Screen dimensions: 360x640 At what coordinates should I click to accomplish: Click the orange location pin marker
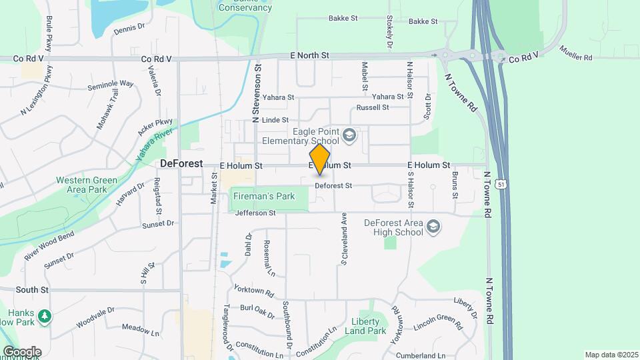click(320, 159)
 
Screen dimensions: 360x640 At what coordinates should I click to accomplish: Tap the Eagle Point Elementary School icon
click(349, 137)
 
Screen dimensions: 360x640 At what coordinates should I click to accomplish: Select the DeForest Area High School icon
click(434, 227)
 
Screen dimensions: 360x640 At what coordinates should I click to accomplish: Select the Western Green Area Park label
click(87, 185)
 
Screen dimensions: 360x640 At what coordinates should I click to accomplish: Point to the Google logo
click(21, 351)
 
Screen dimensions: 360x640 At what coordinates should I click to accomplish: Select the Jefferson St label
click(255, 213)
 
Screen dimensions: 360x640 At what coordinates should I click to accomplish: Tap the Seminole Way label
click(111, 85)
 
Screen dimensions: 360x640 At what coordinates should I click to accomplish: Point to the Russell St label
click(373, 107)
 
